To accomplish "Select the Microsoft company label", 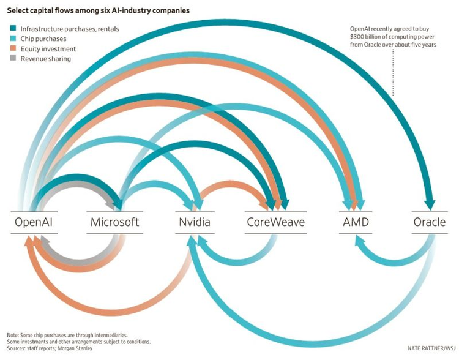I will pos(114,222).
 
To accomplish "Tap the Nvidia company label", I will pos(194,222).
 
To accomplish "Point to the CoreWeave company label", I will pos(275,222).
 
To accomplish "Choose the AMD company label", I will pos(356,222).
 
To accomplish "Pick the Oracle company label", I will pos(429,222).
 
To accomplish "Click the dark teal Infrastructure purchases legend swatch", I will pos(13,28).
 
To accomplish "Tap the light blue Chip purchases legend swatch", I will pos(13,39).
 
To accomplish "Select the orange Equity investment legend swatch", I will pos(13,48).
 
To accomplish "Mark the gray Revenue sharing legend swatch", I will pos(13,59).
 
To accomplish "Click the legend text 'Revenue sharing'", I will pos(45,59).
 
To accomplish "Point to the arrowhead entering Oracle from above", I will pos(429,204).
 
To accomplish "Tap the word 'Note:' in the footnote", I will pos(13,335).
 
